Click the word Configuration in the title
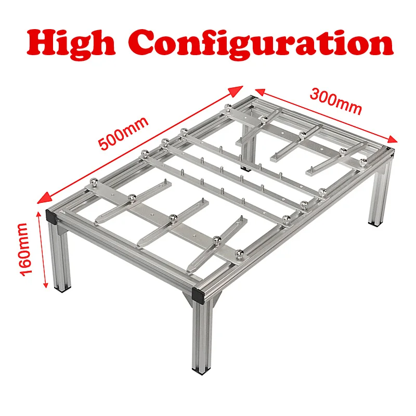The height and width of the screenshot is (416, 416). pyautogui.click(x=261, y=43)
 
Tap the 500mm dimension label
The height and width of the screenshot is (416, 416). pyautogui.click(x=123, y=134)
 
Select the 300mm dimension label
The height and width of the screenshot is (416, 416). pyautogui.click(x=335, y=101)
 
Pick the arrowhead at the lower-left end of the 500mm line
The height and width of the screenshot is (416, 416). pyautogui.click(x=44, y=198)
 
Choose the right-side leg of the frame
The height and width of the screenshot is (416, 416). pyautogui.click(x=379, y=193)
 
